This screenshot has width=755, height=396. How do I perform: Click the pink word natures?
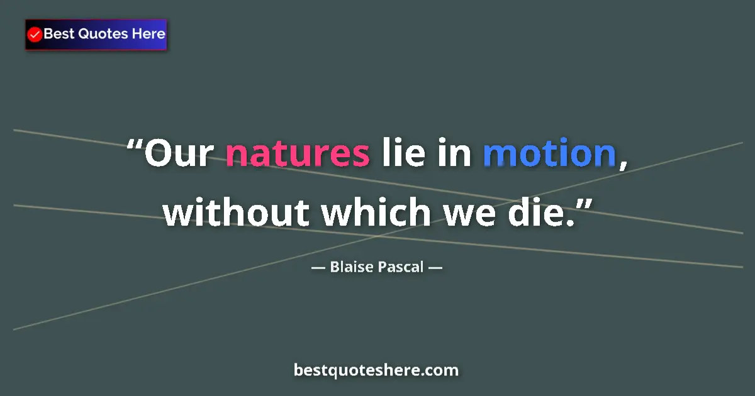coord(297,154)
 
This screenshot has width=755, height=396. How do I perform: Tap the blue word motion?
coord(549,154)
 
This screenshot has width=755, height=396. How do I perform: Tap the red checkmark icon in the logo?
coord(35,35)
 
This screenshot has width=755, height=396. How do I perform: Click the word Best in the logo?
coord(59,34)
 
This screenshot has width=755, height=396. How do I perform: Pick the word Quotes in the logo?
coord(103,34)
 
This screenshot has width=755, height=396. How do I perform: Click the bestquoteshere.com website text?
coord(376,370)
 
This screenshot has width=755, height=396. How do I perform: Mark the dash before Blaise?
coord(318,268)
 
